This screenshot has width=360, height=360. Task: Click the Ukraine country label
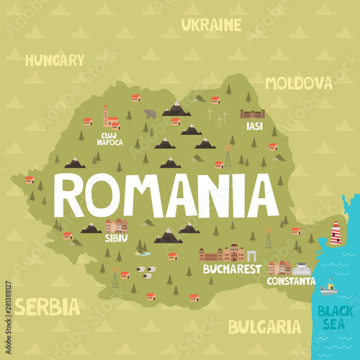211,25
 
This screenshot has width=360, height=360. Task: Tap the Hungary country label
55,60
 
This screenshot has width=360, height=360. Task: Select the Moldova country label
298,83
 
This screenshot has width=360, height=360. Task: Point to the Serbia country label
48,307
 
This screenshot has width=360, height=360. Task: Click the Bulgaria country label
264,327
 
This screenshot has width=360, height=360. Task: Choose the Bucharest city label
232,269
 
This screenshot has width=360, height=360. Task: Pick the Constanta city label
291,281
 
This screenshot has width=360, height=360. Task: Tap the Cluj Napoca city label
109,138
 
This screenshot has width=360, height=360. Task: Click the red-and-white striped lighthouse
335,233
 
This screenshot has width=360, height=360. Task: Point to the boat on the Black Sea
328,288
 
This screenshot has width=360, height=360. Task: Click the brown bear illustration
150,113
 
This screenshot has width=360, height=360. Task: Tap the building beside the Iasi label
252,114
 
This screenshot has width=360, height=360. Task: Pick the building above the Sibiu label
116,226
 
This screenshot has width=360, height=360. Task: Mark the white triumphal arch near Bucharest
252,256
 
